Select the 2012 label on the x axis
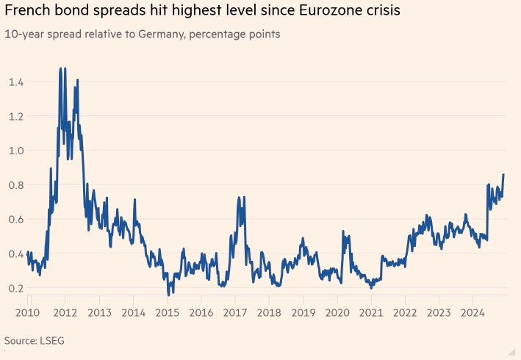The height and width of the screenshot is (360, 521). pyautogui.click(x=63, y=312)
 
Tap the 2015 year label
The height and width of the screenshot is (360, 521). pyautogui.click(x=167, y=312)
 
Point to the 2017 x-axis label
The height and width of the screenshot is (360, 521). pyautogui.click(x=234, y=312)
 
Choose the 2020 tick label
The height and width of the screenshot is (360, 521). pyautogui.click(x=338, y=312)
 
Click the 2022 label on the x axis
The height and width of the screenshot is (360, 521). pyautogui.click(x=406, y=312)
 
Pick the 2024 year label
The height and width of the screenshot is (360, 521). pyautogui.click(x=475, y=312)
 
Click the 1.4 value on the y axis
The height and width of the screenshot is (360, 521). pyautogui.click(x=17, y=82)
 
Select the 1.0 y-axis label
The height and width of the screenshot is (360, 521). pyautogui.click(x=17, y=150)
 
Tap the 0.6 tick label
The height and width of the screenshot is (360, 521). pyautogui.click(x=17, y=219)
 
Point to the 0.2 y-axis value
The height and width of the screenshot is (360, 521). pyautogui.click(x=17, y=288)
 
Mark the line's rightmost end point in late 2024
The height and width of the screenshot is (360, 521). pyautogui.click(x=503, y=174)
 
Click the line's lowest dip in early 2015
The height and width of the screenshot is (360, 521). pyautogui.click(x=169, y=294)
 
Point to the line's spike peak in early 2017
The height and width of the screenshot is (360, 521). pyautogui.click(x=240, y=198)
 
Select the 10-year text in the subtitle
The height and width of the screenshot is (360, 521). pyautogui.click(x=22, y=35)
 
